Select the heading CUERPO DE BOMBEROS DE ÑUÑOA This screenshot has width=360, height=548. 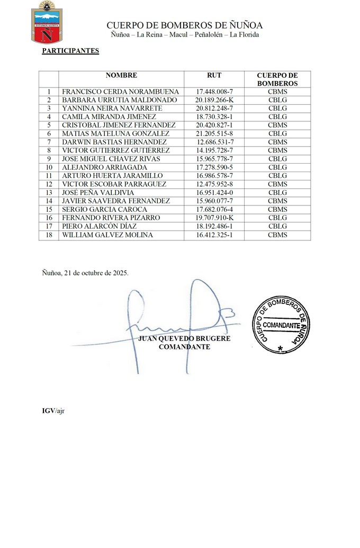pyautogui.click(x=184, y=25)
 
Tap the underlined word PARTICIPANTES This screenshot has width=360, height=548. pyautogui.click(x=70, y=51)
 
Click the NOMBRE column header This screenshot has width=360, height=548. pyautogui.click(x=121, y=76)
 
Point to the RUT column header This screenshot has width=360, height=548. pyautogui.click(x=214, y=76)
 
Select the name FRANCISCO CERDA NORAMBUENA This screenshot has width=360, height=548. pyautogui.click(x=121, y=92)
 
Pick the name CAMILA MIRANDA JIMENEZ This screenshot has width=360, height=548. pyautogui.click(x=109, y=116)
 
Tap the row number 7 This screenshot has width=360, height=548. pyautogui.click(x=49, y=142)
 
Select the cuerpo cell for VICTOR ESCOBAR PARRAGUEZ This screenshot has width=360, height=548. pyautogui.click(x=277, y=184)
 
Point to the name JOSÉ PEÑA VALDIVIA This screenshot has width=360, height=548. pyautogui.click(x=98, y=193)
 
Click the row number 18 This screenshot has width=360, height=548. pyautogui.click(x=49, y=235)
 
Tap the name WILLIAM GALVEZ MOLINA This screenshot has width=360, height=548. pyautogui.click(x=107, y=235)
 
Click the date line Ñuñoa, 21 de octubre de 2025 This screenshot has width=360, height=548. pyautogui.click(x=85, y=273)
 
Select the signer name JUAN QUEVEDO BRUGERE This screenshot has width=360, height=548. pyautogui.click(x=184, y=339)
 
